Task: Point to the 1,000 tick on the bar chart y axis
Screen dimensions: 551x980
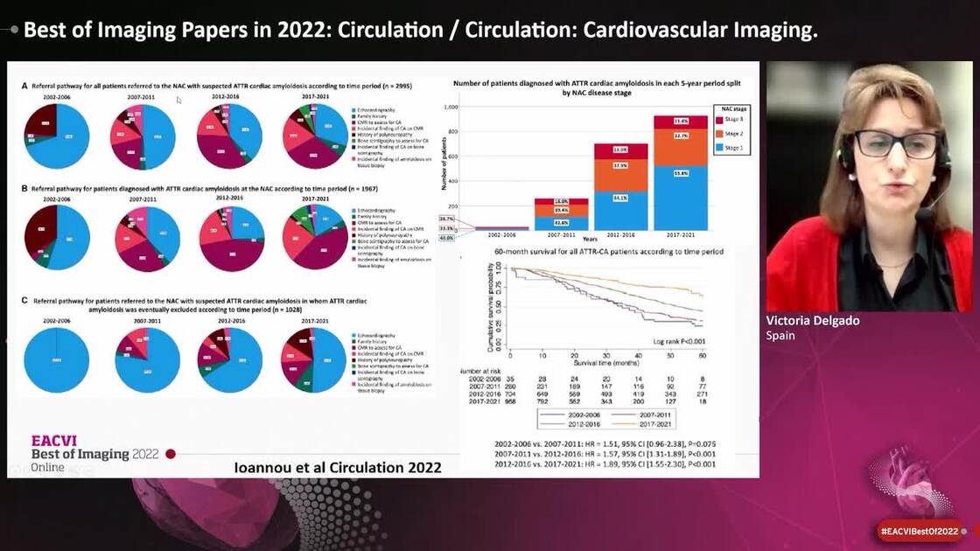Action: coord(451,107)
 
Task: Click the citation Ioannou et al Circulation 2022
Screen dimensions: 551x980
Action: coord(338,467)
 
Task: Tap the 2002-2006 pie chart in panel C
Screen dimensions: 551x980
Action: coord(56,360)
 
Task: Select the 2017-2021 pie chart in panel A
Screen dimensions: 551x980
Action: coord(315,136)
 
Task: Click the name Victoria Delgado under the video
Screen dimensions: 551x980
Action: coord(812,321)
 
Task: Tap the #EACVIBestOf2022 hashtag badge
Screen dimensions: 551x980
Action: coord(919,531)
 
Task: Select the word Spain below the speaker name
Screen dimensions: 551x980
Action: coord(780,336)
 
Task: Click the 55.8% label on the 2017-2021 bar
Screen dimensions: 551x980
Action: coord(680,198)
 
